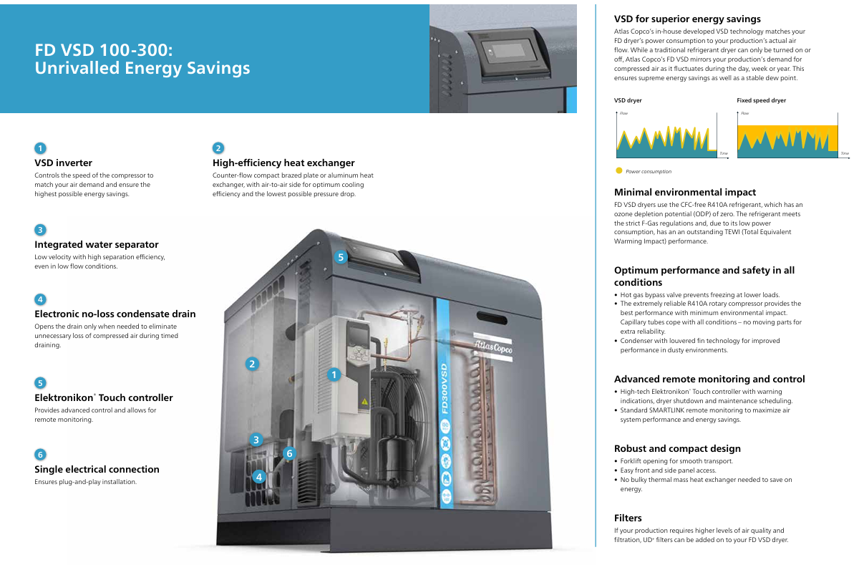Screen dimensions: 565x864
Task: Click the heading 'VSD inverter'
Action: click(63, 163)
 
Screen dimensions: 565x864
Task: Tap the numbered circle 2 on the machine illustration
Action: click(252, 364)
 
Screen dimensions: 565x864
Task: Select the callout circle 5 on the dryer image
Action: click(341, 257)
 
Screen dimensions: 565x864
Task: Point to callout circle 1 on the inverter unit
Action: click(333, 374)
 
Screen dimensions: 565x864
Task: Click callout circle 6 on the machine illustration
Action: click(289, 453)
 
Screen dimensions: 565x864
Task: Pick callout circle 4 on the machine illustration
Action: click(258, 476)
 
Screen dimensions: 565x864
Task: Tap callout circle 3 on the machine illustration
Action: click(256, 440)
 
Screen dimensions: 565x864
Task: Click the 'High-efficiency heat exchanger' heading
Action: click(283, 163)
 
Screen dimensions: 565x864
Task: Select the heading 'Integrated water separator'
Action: click(97, 244)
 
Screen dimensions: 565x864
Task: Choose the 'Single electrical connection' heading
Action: click(97, 469)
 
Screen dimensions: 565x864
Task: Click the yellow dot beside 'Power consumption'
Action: click(619, 171)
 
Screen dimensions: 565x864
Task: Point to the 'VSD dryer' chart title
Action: click(628, 101)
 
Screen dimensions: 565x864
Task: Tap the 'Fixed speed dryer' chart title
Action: click(761, 101)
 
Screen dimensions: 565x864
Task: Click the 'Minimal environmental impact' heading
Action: click(685, 192)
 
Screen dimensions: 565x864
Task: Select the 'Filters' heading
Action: click(628, 518)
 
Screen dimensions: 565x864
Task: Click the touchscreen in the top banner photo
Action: click(510, 54)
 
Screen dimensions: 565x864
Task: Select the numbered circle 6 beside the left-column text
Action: click(40, 454)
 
